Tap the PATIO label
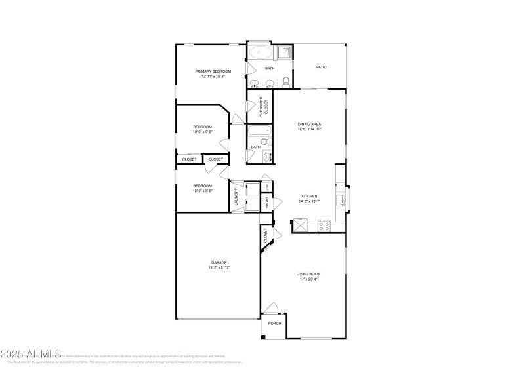321,67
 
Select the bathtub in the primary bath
260,53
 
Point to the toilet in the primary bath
285,82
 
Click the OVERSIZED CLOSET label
263,106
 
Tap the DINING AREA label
309,124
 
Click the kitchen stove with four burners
323,226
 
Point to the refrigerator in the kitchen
299,226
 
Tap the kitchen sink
341,199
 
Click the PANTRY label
267,204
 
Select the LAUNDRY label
235,197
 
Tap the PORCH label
274,323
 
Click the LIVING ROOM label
309,273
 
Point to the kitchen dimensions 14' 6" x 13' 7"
309,201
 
